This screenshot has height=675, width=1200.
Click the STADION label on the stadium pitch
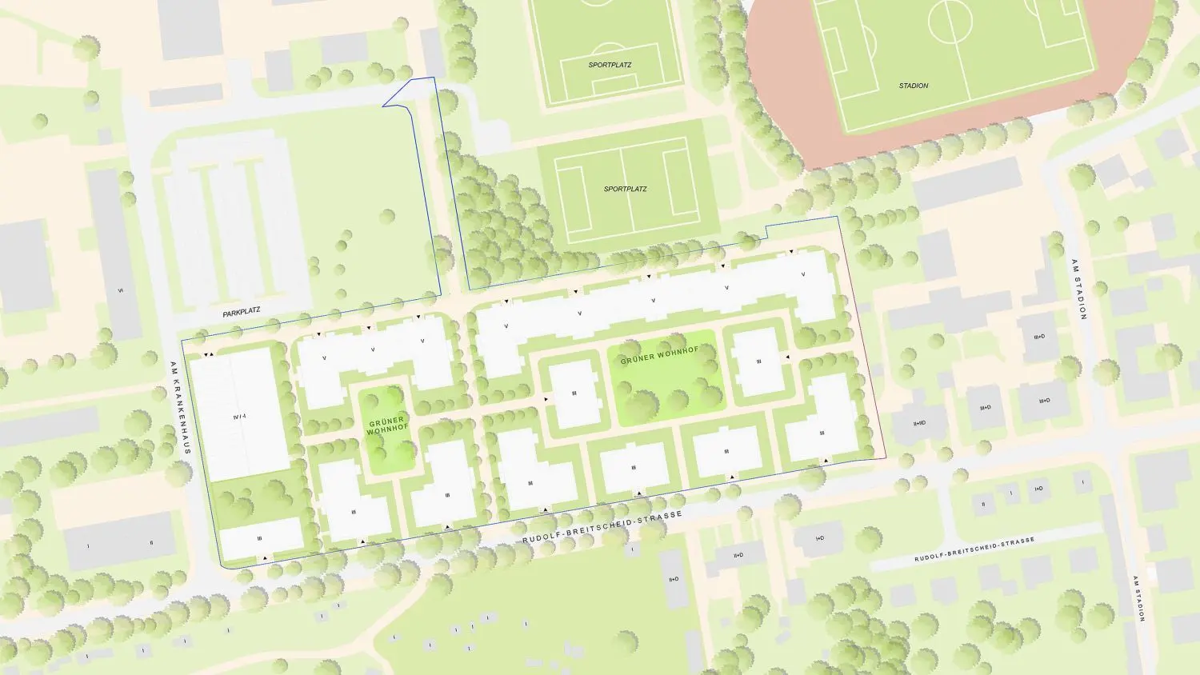(914, 86)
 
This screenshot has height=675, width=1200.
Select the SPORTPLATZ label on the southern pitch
(626, 189)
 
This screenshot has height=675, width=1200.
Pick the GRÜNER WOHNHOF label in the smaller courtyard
(386, 425)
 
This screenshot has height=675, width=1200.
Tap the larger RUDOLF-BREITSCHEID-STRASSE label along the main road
(602, 529)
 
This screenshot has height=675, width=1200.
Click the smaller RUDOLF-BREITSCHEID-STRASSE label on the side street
(974, 549)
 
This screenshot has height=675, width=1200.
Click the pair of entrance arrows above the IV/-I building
(208, 354)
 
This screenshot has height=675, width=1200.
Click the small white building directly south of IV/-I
(261, 538)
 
